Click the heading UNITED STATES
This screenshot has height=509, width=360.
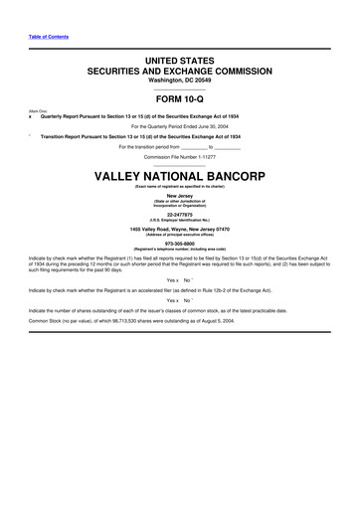(x=180, y=62)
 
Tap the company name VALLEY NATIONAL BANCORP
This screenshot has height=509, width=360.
(x=180, y=175)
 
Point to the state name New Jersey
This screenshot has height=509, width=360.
(x=180, y=196)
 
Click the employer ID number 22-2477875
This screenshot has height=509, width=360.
(x=180, y=213)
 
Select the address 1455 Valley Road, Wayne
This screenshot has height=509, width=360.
(x=180, y=227)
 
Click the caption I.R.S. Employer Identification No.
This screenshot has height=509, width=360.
(x=180, y=219)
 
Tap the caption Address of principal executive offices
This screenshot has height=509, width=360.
(x=180, y=233)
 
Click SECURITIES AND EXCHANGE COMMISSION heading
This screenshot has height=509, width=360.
(x=180, y=72)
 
